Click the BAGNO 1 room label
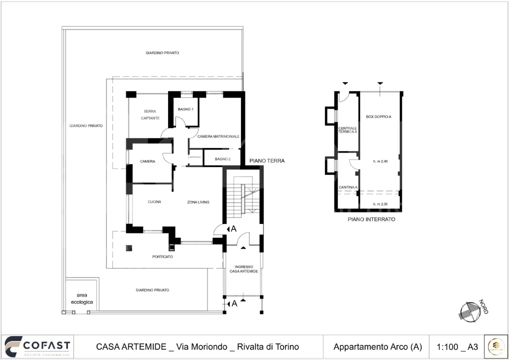(185, 109)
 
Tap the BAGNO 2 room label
(222, 159)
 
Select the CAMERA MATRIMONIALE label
(218, 136)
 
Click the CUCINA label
(154, 202)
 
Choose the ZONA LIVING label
(198, 202)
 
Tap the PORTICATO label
(162, 256)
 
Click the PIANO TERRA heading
(267, 161)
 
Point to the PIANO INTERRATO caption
(371, 219)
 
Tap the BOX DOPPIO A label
(378, 116)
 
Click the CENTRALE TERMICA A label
(347, 129)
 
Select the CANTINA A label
(348, 187)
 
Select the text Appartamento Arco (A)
(377, 346)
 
